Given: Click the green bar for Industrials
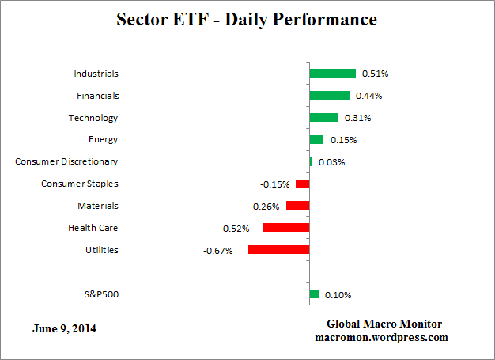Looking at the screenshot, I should [332, 74].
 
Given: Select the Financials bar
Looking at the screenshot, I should [329, 96].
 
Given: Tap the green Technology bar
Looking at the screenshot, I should [323, 118].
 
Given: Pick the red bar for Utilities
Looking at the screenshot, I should [278, 249].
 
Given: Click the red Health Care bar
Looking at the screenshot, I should [285, 228].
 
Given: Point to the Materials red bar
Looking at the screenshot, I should [297, 206].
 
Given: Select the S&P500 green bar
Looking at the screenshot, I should [314, 294].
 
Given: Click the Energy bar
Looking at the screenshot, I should [316, 140].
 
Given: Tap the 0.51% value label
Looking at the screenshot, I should [375, 74].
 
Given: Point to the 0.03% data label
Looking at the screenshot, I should [331, 162].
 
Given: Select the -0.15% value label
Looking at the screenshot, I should [274, 184].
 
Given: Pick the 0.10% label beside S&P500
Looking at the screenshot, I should [338, 295].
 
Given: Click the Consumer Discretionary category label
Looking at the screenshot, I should [66, 161].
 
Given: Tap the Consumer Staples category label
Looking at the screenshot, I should [79, 184].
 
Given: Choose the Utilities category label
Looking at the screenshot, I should [101, 250].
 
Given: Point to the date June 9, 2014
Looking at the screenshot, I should [66, 328].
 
